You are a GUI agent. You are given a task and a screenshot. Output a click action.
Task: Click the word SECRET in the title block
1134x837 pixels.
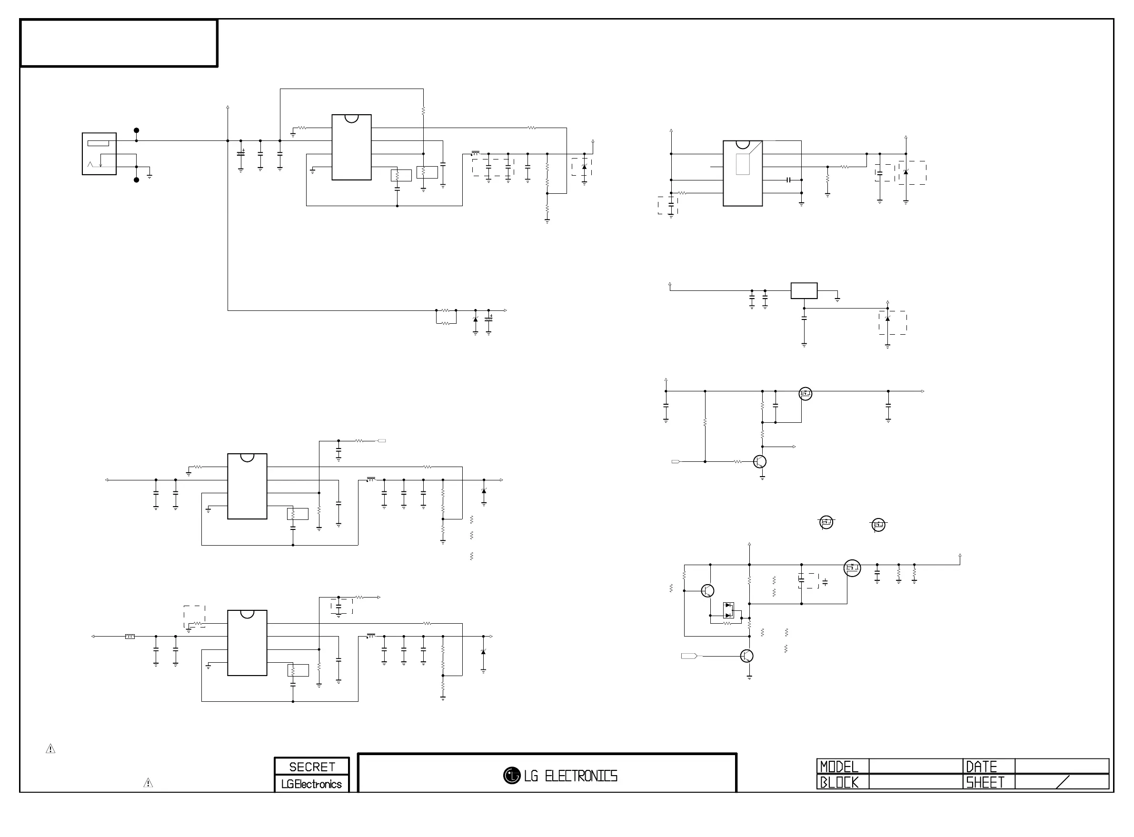[x=311, y=767]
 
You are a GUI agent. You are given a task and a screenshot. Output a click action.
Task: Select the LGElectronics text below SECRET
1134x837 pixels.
[x=311, y=784]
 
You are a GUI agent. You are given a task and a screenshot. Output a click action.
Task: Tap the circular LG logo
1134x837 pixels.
[x=512, y=775]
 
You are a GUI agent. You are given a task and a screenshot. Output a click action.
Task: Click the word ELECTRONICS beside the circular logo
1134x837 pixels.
[x=581, y=776]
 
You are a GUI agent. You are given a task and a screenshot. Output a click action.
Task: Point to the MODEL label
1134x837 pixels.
[x=839, y=766]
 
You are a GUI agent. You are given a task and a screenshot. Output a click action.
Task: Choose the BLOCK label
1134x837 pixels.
[x=839, y=782]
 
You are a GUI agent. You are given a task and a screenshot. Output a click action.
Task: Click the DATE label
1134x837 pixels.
[x=981, y=766]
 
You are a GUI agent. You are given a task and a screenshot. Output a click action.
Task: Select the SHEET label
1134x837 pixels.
[x=985, y=782]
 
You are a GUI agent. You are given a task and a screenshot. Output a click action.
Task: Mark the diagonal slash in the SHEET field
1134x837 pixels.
[x=1063, y=782]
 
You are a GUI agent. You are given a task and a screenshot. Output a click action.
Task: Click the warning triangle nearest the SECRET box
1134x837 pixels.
[x=148, y=783]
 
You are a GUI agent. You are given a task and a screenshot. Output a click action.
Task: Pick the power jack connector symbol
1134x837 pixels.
[x=99, y=154]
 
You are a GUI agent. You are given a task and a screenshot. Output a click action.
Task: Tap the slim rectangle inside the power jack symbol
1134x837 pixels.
[x=98, y=143]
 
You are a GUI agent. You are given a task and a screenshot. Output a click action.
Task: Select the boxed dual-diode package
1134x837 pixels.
[x=728, y=610]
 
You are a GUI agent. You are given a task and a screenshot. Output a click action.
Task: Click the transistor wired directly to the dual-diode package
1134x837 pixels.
[x=707, y=590]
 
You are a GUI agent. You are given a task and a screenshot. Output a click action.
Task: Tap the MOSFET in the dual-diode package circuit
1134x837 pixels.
[x=852, y=568]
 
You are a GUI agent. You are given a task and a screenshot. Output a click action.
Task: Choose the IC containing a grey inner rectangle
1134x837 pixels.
[x=743, y=173]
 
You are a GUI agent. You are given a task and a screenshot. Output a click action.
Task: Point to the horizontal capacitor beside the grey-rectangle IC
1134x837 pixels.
[x=788, y=180]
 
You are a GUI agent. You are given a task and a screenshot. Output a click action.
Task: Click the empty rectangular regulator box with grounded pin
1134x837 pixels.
[x=804, y=291]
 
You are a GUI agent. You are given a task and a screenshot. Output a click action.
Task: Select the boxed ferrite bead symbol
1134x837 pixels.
[x=129, y=637]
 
